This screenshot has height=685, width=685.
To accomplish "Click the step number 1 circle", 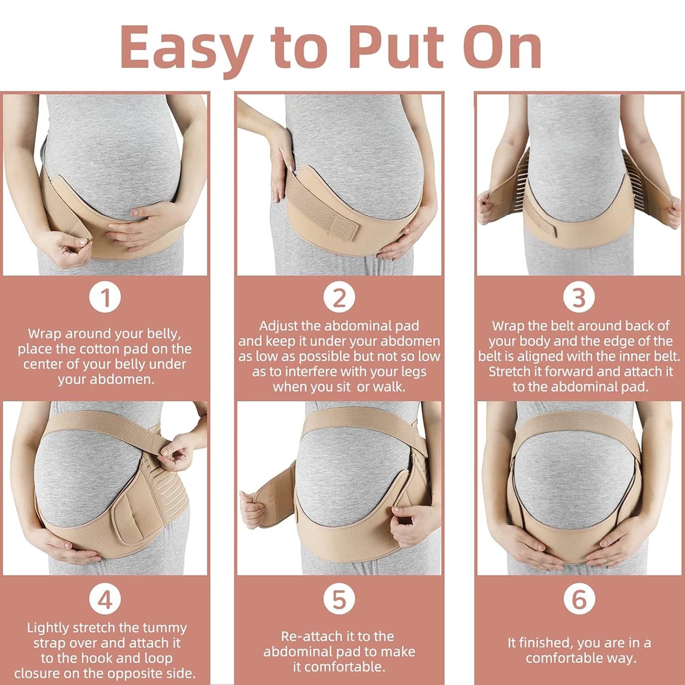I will point(105,298).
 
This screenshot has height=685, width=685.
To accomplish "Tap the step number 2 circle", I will point(339,298).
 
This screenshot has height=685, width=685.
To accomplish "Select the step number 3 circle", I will point(579,298).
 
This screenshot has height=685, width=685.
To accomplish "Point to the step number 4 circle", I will point(105,599).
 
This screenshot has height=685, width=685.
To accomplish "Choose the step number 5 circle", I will point(339,599).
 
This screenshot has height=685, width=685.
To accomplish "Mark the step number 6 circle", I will point(579,599).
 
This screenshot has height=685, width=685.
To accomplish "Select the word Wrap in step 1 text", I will point(44,334).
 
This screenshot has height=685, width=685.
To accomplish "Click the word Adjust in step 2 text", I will point(279,326).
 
